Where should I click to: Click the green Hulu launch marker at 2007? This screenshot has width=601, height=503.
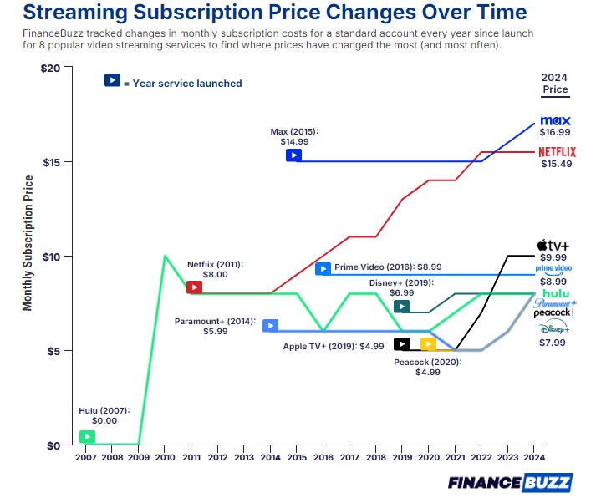[x=88, y=437]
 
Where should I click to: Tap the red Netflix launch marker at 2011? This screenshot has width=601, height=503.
[x=194, y=287]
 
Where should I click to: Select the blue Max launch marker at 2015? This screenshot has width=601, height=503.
[x=294, y=155]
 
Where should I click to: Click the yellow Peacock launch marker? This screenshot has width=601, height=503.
[x=428, y=344]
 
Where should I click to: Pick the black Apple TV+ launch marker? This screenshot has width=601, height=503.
[x=402, y=344]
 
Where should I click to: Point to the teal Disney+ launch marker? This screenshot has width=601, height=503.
[x=402, y=307]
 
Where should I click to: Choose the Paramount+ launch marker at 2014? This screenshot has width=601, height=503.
[x=271, y=326]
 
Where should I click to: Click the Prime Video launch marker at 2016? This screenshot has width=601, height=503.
[x=323, y=268]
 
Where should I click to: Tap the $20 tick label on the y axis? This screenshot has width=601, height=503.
[x=51, y=69]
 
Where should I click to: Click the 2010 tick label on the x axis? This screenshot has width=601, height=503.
[x=165, y=457]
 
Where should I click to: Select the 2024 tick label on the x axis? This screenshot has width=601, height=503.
[x=534, y=457]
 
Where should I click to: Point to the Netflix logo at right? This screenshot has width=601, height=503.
[x=557, y=152]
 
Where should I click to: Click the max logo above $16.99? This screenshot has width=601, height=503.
[x=555, y=120]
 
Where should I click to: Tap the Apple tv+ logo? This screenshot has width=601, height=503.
[x=553, y=245]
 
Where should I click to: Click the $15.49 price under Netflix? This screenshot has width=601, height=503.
[x=557, y=164]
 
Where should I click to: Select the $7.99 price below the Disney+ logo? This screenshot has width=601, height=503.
[x=553, y=343]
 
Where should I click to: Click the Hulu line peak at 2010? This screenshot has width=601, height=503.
[x=165, y=256]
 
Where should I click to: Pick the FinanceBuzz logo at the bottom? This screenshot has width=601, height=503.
[x=510, y=483]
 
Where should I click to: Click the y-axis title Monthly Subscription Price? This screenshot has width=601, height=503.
[x=28, y=243]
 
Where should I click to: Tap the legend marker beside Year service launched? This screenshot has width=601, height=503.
[x=112, y=80]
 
